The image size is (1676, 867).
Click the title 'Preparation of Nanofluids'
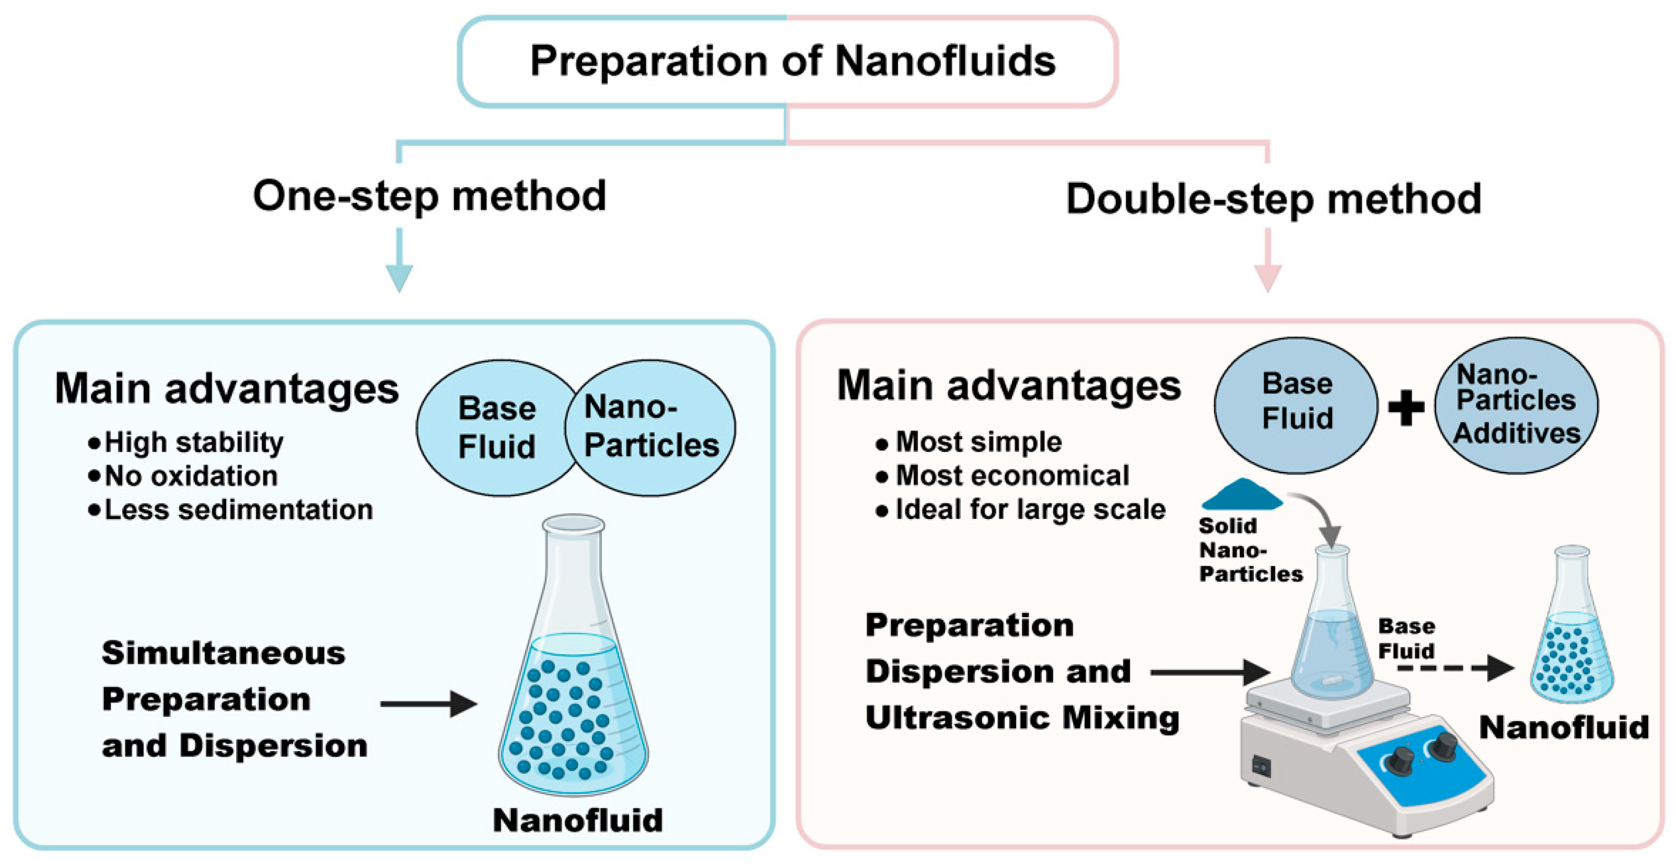tap(792, 61)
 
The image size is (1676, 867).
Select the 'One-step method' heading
tap(429, 196)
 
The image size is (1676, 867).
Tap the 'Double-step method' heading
tap(1273, 199)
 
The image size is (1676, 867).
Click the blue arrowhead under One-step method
tap(399, 278)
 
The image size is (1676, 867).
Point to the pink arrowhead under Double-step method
tap(1267, 278)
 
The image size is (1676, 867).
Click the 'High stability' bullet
tap(193, 443)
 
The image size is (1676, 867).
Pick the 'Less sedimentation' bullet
tap(238, 510)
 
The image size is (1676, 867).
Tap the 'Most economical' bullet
tap(1012, 476)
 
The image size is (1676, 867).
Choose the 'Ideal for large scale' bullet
tap(1030, 510)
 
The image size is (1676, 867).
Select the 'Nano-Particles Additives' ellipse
tap(1517, 405)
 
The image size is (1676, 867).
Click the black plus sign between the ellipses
tap(1406, 408)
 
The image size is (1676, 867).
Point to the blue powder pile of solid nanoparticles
tap(1241, 495)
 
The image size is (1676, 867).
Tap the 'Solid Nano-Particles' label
tap(1250, 550)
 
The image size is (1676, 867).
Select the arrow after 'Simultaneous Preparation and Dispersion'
tap(429, 703)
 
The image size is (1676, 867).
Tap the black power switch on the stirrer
tap(1262, 767)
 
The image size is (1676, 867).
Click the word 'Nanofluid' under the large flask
tap(578, 820)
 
